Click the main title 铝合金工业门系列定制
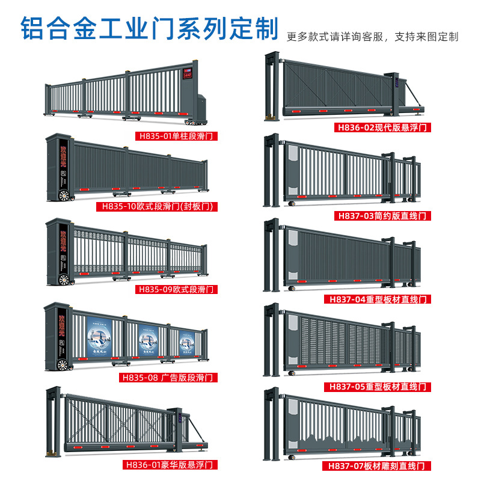point(150,28)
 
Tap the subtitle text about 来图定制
point(372,37)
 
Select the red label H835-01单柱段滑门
point(176,136)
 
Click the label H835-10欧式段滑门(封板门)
point(156,207)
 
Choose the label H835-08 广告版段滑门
point(168,378)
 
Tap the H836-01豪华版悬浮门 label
point(168,464)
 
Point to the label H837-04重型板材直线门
point(379,299)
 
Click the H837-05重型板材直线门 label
point(379,386)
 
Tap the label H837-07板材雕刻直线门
point(379,465)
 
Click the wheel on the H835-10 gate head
point(63,195)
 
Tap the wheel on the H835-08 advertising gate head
point(63,364)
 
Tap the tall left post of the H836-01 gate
point(54,421)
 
